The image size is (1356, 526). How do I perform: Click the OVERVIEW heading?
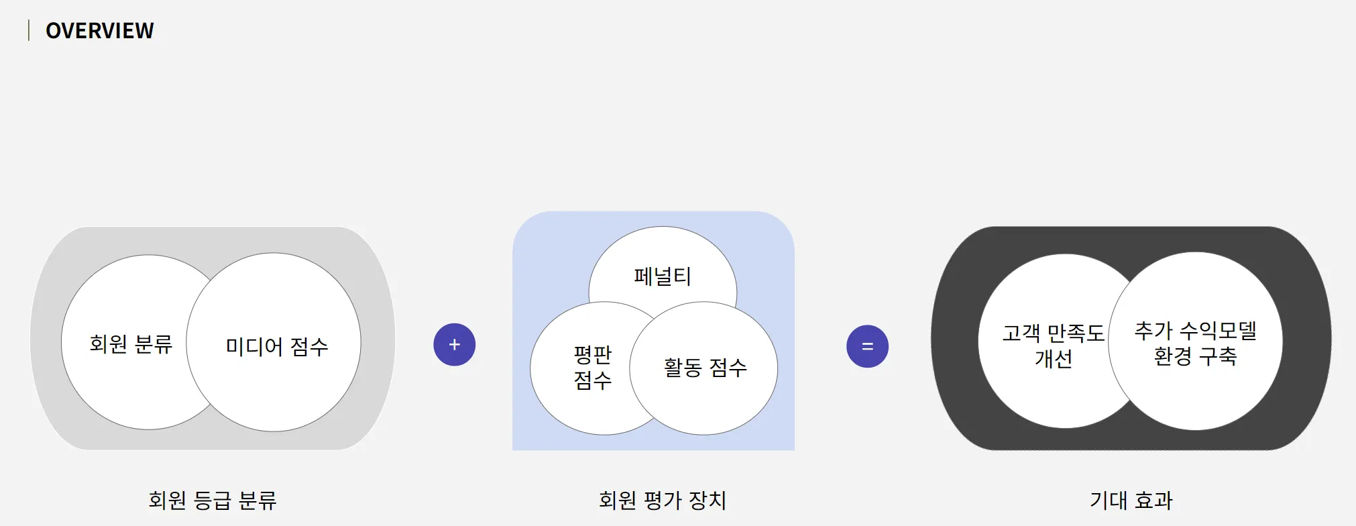[x=99, y=31]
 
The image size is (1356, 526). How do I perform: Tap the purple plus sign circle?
[x=455, y=345]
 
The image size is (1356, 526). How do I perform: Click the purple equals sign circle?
[x=867, y=346]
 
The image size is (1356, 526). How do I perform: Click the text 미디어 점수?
[x=277, y=347]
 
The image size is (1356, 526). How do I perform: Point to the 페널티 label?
[x=662, y=276]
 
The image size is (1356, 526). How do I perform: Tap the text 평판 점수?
[x=593, y=368]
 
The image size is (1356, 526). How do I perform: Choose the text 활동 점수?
[x=705, y=368]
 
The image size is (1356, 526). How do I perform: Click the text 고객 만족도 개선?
[x=1053, y=346]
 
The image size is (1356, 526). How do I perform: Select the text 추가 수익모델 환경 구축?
[x=1195, y=343]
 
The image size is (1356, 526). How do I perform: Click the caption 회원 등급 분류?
[x=213, y=501]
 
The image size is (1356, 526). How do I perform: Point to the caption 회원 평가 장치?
[x=662, y=501]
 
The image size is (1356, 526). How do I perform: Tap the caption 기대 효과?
[x=1131, y=501]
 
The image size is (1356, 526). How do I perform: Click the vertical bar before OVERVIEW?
[x=29, y=30]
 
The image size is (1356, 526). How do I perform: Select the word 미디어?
[x=254, y=347]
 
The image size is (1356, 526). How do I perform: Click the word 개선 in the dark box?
[x=1053, y=359]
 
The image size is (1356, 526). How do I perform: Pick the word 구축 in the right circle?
[x=1217, y=356]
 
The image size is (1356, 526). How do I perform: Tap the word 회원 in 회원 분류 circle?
[x=108, y=344]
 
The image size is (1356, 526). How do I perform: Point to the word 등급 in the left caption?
[x=212, y=501]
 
